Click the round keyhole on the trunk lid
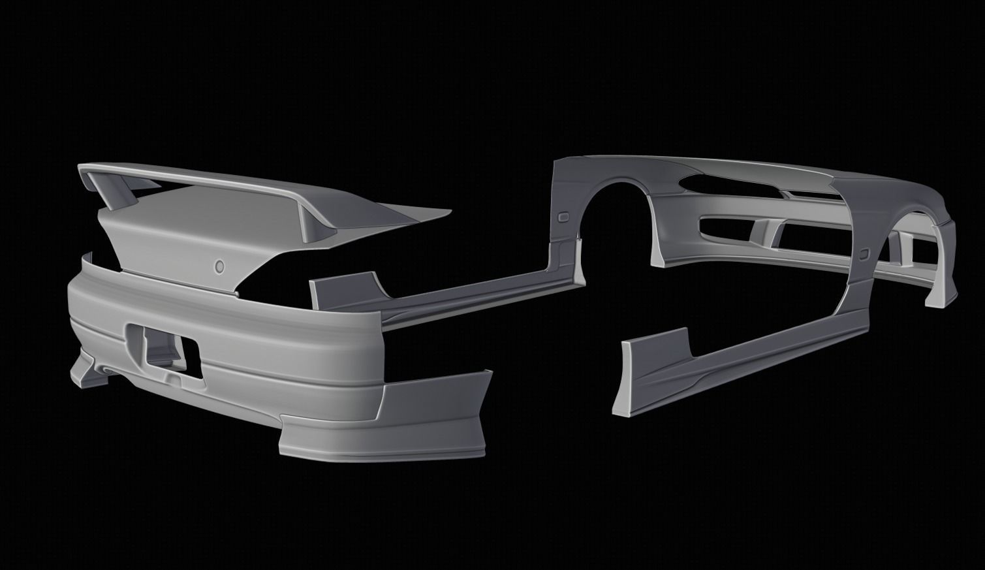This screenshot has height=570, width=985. pos(219,266)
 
